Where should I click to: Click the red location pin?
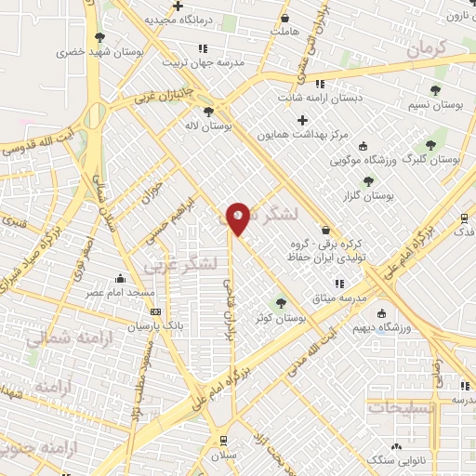[239, 218]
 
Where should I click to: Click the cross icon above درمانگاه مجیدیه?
[178, 6]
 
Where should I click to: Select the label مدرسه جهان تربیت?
[204, 62]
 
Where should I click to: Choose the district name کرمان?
[429, 48]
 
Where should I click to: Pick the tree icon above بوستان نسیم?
[435, 90]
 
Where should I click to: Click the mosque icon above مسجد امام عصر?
[120, 278]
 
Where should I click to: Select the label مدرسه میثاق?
[339, 297]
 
